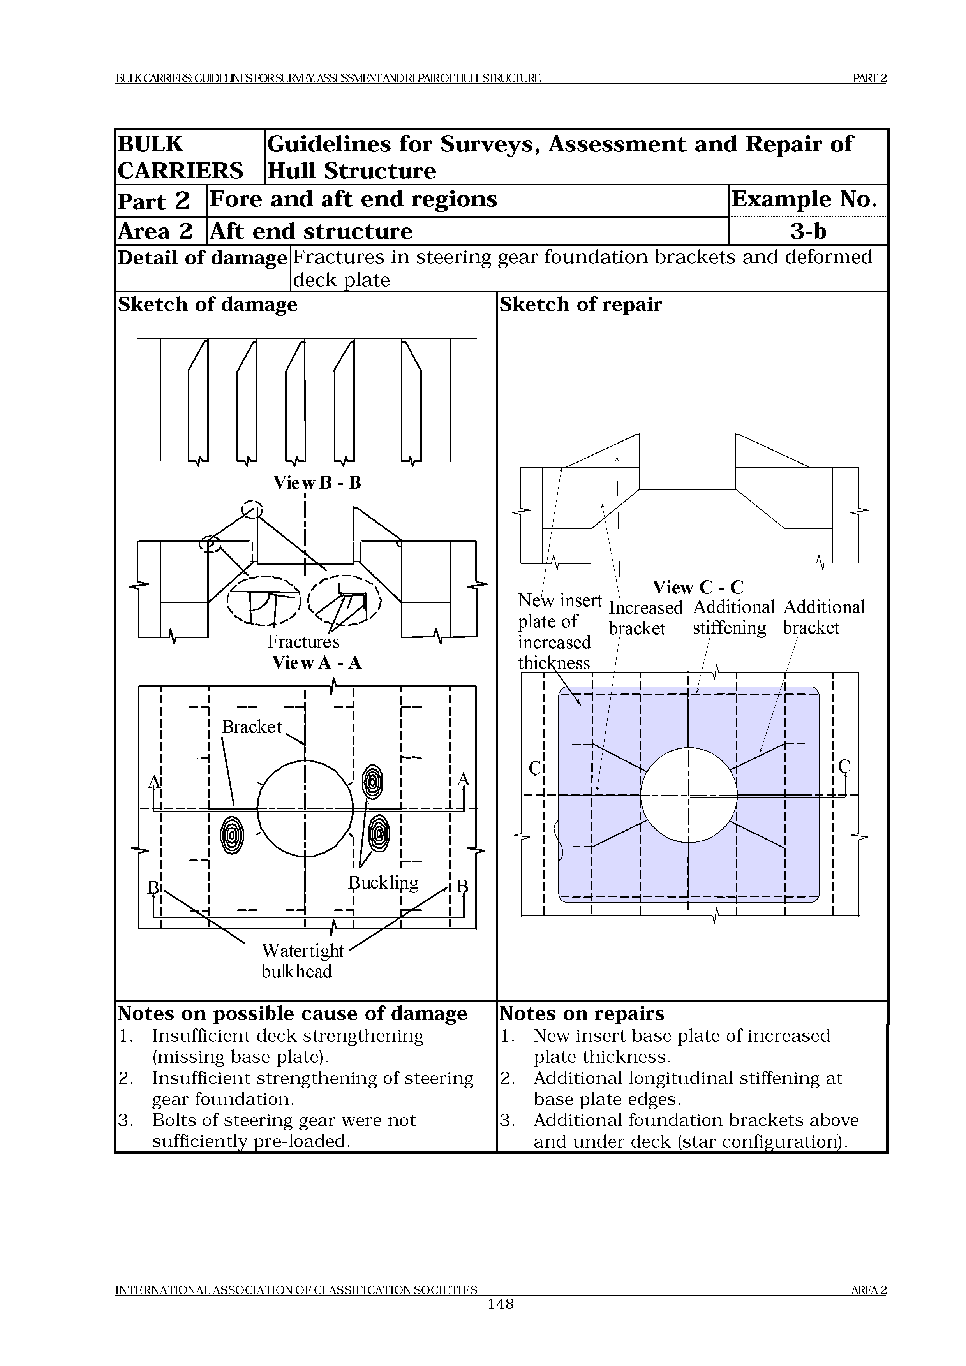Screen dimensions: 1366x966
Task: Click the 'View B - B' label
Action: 317,482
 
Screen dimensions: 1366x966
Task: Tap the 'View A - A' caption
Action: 317,662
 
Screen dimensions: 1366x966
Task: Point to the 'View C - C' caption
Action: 698,587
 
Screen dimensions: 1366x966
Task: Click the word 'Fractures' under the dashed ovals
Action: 303,641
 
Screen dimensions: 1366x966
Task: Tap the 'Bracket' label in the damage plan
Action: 251,727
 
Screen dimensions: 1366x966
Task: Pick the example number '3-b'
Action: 808,231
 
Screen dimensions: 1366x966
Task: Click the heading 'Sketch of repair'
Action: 580,305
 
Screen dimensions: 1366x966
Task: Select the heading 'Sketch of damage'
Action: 207,305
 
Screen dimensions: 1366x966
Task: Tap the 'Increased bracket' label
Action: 645,618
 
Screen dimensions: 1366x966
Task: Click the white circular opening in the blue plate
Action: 688,795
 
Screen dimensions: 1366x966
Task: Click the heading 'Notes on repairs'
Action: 582,1013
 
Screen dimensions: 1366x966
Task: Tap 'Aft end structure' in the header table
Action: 311,231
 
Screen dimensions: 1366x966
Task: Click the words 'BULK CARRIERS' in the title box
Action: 180,157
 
